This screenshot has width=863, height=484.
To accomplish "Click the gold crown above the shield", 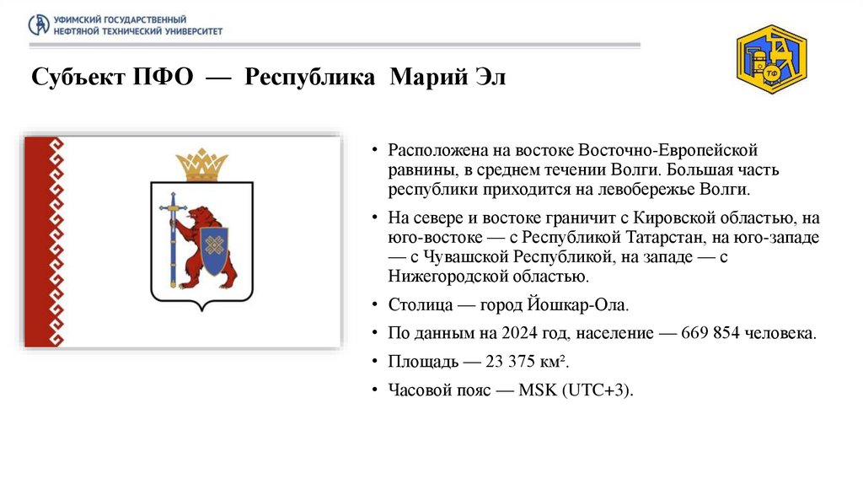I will pos(201,164).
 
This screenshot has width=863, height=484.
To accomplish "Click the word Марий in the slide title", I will pos(422,78).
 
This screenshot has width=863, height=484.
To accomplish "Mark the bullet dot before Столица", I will pos(374,305).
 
